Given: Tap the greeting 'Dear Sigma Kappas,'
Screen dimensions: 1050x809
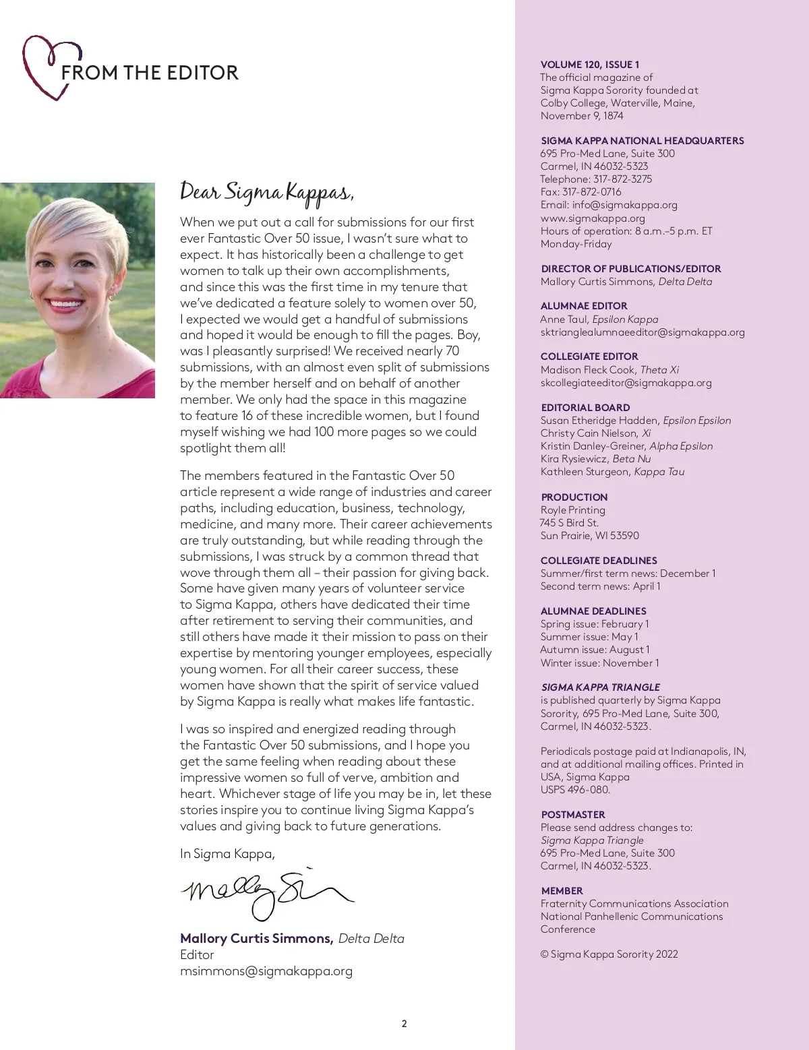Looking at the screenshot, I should click(266, 193).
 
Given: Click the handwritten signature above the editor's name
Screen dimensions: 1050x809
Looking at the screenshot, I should click(266, 893).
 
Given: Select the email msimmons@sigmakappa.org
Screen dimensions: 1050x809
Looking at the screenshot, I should click(266, 971).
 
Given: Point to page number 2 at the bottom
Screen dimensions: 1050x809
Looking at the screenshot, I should click(404, 1024).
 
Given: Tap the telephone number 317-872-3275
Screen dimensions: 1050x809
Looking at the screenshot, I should click(622, 179).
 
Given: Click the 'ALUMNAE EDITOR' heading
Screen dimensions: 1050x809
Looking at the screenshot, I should click(584, 306).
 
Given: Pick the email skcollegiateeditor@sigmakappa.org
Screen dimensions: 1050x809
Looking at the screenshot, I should click(626, 383).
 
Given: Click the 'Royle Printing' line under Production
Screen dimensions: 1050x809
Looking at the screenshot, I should click(572, 510).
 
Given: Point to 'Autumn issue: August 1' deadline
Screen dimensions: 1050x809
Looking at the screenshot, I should click(595, 650).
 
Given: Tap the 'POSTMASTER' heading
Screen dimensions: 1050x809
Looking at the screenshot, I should click(573, 815).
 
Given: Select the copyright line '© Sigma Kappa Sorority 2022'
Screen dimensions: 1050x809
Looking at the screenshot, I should click(609, 954).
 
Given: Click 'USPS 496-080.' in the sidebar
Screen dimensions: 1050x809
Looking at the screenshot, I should click(575, 790).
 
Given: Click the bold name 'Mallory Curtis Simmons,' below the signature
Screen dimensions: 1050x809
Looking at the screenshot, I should click(256, 939).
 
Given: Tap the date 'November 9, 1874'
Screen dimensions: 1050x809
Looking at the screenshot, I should click(582, 116).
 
